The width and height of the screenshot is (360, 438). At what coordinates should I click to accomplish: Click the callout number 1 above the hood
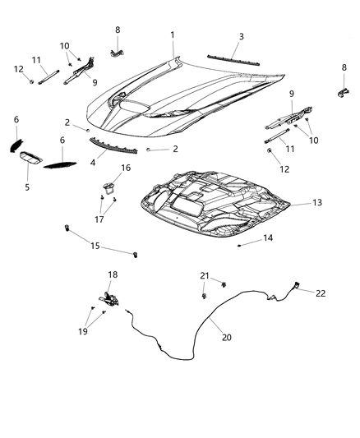point(173,35)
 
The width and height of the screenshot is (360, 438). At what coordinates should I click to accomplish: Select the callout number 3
point(241,37)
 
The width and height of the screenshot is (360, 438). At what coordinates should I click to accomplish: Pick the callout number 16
point(126,168)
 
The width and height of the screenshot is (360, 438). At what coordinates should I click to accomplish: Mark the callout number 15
point(95,246)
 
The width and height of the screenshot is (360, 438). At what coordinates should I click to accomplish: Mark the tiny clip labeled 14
point(238,244)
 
